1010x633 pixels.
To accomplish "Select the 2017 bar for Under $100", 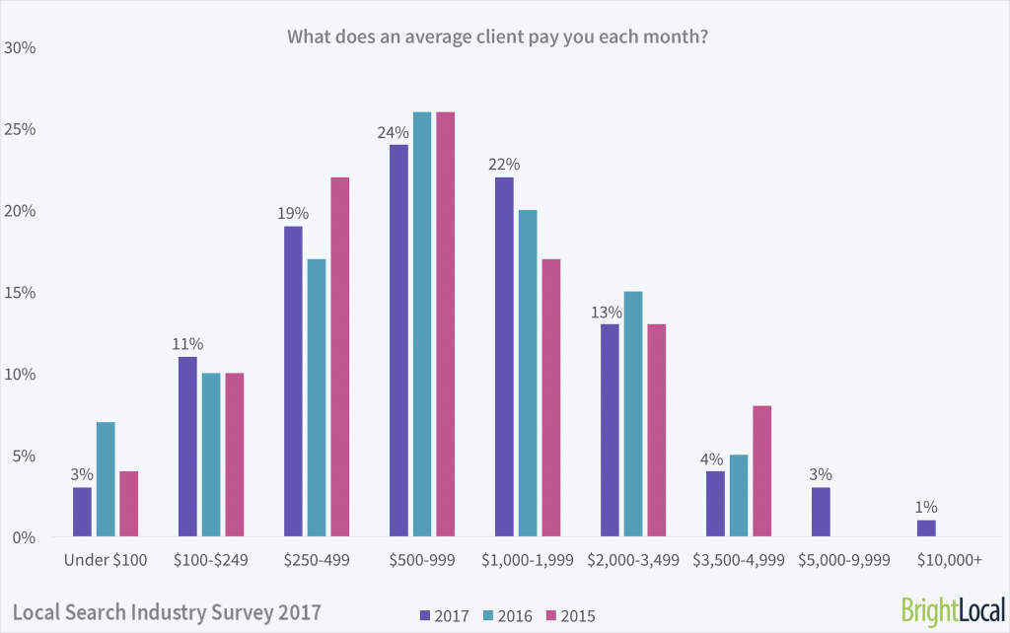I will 82,513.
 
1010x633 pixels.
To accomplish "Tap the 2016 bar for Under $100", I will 105,480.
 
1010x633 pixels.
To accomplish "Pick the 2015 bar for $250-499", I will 339,358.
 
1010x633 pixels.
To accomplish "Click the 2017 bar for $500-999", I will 398,341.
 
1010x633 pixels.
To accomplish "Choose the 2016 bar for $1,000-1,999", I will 528,374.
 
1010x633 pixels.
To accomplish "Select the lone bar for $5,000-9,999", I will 822,513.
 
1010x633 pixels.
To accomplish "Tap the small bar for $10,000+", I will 927,528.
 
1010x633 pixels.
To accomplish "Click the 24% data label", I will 393,132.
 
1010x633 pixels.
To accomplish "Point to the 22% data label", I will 503,165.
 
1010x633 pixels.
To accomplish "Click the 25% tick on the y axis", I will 21,129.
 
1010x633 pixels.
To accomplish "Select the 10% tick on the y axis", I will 21,375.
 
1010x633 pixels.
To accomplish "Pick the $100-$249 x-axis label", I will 210,561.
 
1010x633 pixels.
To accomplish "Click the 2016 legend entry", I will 508,616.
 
